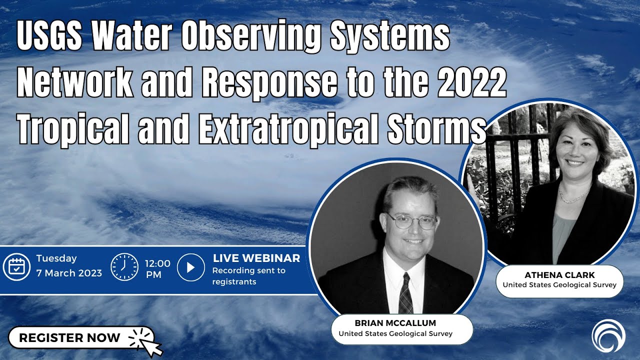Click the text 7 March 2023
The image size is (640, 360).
tap(69, 273)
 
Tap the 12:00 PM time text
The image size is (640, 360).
tap(157, 268)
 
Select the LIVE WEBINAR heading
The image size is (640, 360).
tap(256, 258)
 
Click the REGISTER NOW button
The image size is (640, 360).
tap(69, 338)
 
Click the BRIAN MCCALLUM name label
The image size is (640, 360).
tap(395, 323)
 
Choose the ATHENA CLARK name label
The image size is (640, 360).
tap(559, 275)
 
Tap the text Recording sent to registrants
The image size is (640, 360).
tap(248, 276)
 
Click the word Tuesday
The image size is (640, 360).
tap(56, 258)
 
